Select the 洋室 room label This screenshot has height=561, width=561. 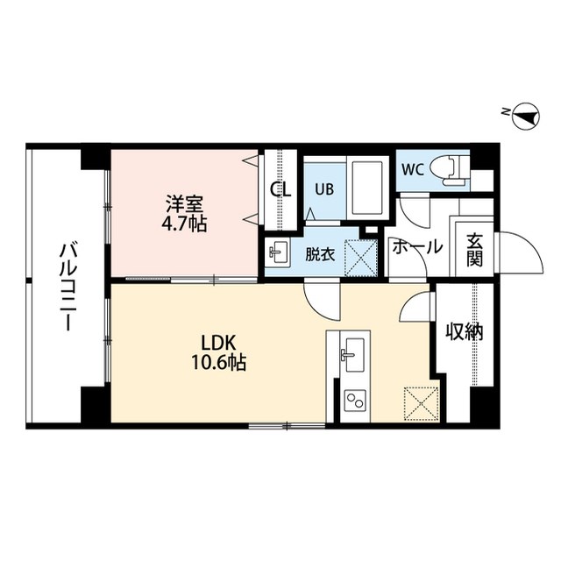coord(185,205)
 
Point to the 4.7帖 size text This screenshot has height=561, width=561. coord(185,224)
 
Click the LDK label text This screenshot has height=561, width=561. coord(221,340)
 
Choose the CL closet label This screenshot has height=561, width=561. coord(280,188)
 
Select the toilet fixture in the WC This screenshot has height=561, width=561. coord(453,167)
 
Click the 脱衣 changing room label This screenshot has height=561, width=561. coord(319,255)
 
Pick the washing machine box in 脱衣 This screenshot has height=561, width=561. coord(360,257)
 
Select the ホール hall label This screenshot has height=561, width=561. coord(416,248)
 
